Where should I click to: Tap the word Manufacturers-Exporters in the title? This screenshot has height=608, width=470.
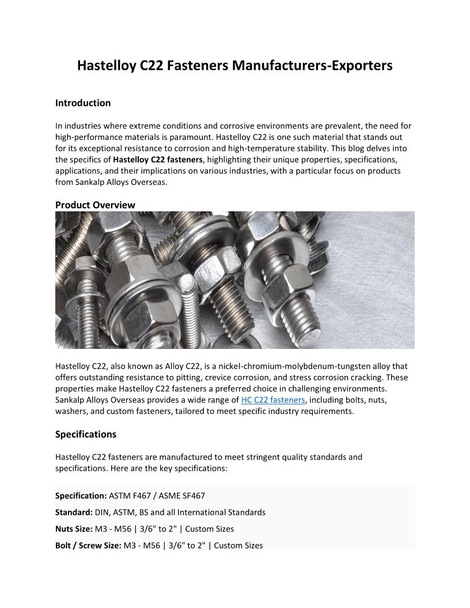point(312,66)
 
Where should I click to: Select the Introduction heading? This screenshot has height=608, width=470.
point(83,103)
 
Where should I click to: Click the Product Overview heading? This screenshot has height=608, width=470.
point(95,205)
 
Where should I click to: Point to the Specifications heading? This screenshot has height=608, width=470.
point(86,434)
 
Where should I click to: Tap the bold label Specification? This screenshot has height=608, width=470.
point(81,495)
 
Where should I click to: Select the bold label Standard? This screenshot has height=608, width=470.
point(74,512)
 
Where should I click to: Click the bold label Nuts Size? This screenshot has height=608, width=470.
point(74,529)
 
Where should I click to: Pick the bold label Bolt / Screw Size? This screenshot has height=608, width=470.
point(88,545)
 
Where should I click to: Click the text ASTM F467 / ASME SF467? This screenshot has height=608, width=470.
point(157,495)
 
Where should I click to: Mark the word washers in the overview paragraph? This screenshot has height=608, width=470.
point(70,411)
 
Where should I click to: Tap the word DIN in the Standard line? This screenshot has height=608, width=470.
point(103,512)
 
